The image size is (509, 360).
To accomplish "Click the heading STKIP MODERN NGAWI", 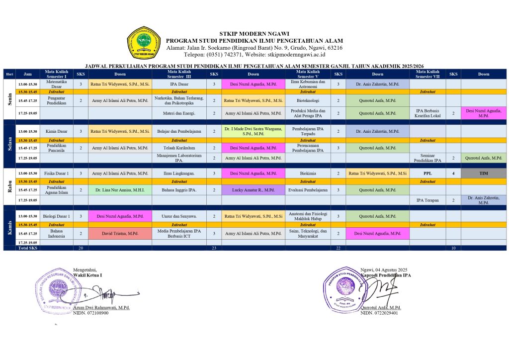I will tap(254, 34).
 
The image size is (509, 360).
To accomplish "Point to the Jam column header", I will tap(28, 74).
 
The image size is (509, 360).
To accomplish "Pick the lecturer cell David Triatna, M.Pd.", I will tap(120, 233).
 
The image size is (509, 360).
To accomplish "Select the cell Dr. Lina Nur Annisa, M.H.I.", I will tap(120, 190).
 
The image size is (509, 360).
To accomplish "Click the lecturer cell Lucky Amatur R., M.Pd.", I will tap(253, 190).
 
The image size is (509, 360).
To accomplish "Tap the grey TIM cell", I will tap(484, 173).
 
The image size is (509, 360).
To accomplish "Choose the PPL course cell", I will tap(427, 173).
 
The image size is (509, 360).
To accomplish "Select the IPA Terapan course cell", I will tap(427, 200).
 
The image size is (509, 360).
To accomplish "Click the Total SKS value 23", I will tap(214, 248).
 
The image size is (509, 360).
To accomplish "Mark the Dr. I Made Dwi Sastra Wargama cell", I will tap(253, 131).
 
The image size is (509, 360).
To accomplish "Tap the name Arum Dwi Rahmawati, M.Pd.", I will tap(101, 308).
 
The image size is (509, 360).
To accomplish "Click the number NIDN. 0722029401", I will tap(379, 313).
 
